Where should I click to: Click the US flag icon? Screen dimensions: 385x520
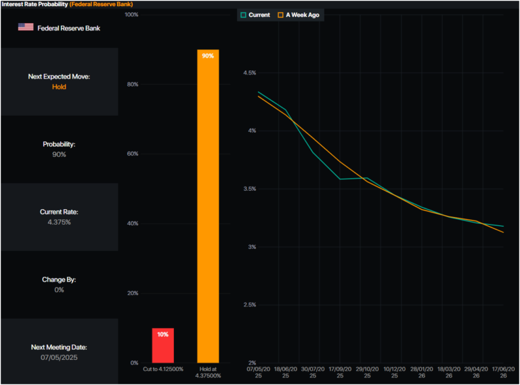pyautogui.click(x=26, y=27)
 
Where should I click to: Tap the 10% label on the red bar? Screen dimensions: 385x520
pyautogui.click(x=162, y=334)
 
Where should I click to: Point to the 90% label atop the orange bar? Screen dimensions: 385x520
pyautogui.click(x=208, y=55)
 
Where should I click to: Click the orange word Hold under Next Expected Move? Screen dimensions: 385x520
pyautogui.click(x=59, y=87)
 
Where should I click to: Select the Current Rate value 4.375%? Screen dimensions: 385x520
pyautogui.click(x=59, y=222)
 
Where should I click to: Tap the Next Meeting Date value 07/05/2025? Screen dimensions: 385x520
pyautogui.click(x=59, y=357)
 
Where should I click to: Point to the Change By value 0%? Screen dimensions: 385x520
pyautogui.click(x=59, y=290)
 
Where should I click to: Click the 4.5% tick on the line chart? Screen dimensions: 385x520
pyautogui.click(x=249, y=72)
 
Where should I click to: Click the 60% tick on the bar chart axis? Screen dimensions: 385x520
pyautogui.click(x=133, y=154)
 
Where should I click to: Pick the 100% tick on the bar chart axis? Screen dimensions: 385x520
pyautogui.click(x=131, y=14)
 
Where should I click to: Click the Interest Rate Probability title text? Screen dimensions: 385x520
pyautogui.click(x=34, y=4)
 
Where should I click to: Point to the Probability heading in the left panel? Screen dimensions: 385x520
pyautogui.click(x=59, y=144)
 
